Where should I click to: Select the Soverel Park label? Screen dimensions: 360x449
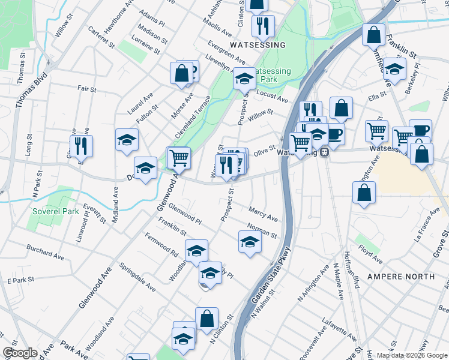(56, 212)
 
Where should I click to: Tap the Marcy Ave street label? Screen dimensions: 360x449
(264, 214)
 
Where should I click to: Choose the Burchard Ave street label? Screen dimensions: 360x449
(45, 252)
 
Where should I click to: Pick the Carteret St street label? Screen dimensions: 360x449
(101, 36)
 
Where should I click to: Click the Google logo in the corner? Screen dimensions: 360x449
(20, 353)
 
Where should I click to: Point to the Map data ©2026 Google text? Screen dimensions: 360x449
(411, 355)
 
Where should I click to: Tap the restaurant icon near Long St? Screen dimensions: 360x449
(81, 146)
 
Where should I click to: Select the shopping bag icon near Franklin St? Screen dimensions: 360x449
(373, 35)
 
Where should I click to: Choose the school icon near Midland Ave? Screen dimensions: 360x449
(127, 140)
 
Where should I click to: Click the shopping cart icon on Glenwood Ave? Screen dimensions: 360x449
(178, 158)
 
